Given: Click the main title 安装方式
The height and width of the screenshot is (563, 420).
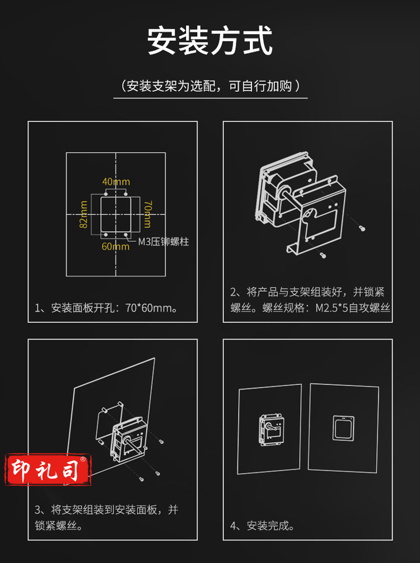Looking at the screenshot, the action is click(210, 41).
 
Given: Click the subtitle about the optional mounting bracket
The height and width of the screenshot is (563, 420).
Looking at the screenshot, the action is click(210, 86).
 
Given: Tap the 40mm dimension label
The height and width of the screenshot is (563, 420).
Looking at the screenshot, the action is click(116, 182).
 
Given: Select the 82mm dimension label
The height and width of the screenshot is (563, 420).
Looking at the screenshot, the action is click(83, 214).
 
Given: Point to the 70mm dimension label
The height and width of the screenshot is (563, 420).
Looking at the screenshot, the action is click(148, 214).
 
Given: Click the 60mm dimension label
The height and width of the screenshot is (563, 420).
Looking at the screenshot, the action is click(116, 246).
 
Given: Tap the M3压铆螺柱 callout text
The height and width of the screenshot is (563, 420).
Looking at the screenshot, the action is click(164, 242).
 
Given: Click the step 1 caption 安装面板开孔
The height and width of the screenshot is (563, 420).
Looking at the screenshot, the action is click(106, 308).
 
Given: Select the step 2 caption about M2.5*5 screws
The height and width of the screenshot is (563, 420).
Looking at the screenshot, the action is click(310, 300).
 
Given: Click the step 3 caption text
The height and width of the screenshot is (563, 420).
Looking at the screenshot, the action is click(106, 518).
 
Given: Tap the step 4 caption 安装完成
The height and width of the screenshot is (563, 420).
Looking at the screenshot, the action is click(262, 526).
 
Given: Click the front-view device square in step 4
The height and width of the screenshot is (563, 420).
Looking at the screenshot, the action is click(343, 428).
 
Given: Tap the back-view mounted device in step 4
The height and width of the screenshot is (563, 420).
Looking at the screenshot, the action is click(271, 430).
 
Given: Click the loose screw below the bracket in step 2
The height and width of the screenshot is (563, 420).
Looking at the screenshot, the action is click(323, 255).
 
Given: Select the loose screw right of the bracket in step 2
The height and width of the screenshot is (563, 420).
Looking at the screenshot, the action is click(362, 228).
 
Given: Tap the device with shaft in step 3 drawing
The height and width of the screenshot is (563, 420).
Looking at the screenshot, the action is click(129, 440).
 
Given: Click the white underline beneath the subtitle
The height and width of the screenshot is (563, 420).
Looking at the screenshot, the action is click(211, 98).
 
